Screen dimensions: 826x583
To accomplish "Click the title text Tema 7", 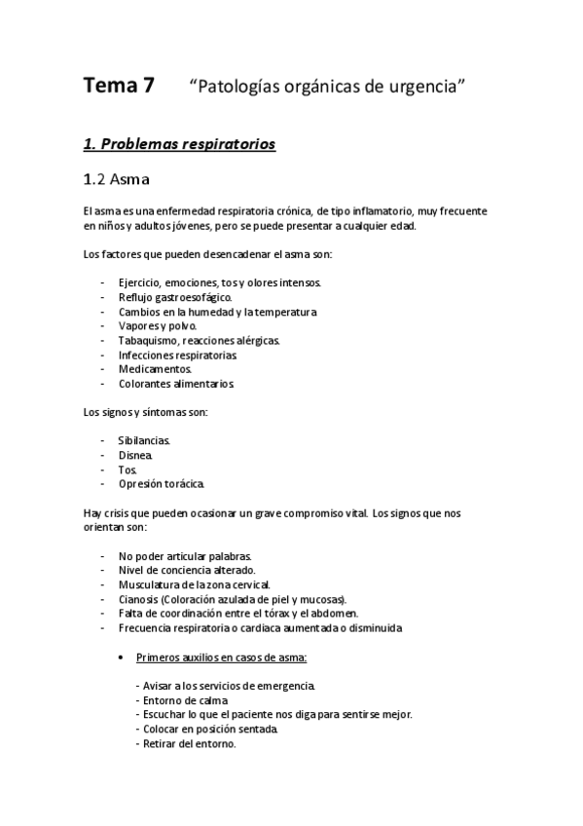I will (118, 86).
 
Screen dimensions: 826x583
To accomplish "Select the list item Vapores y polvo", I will (157, 326).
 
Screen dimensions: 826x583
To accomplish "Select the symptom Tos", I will (128, 469).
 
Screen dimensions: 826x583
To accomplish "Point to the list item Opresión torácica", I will (162, 484).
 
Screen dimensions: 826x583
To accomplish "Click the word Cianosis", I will (140, 598).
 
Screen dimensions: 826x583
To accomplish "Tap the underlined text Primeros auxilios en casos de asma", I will (223, 657).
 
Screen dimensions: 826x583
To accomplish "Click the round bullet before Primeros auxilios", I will (119, 657).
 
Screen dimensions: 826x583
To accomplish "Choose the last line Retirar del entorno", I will (189, 743).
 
